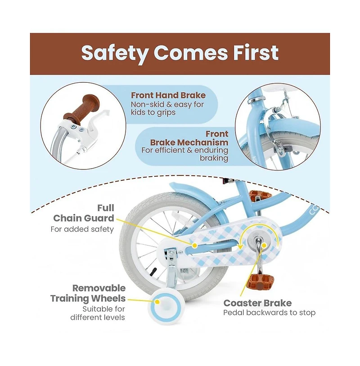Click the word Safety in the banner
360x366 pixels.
click(x=115, y=53)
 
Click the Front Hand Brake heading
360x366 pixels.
click(x=168, y=95)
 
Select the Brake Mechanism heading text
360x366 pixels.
click(x=189, y=142)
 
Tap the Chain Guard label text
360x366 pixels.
click(x=84, y=218)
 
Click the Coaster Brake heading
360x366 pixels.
click(x=257, y=303)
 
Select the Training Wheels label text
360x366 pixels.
click(x=88, y=298)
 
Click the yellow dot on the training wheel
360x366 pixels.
click(x=157, y=302)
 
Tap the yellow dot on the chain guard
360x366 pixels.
click(x=194, y=245)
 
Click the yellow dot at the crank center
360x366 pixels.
click(x=264, y=245)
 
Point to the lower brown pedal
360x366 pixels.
click(x=260, y=281)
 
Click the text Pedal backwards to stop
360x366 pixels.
click(x=270, y=313)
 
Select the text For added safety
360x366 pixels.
click(x=82, y=229)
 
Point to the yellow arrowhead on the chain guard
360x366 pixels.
click(x=240, y=246)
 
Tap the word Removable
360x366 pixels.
click(x=99, y=288)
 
